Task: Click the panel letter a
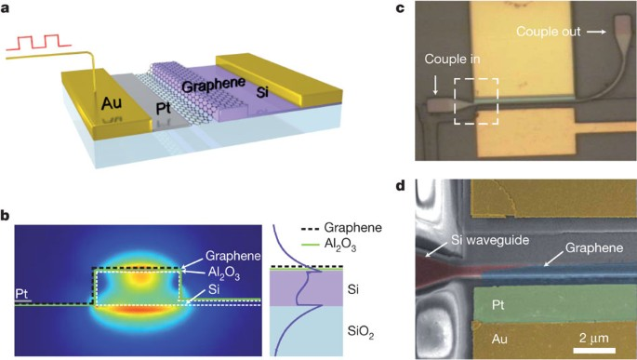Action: pos(7,8)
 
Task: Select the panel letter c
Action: pos(400,8)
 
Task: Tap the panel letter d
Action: pos(400,185)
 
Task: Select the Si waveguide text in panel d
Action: pos(472,241)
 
